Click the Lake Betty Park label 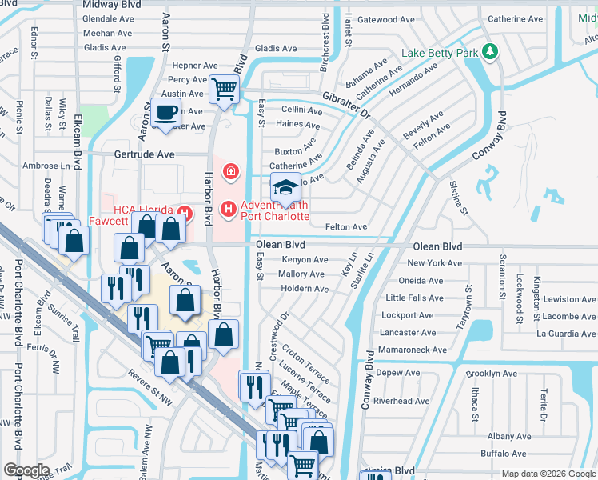pyautogui.click(x=441, y=53)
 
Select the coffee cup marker pyautogui.click(x=167, y=113)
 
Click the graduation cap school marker pyautogui.click(x=285, y=187)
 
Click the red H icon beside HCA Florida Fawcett pyautogui.click(x=185, y=212)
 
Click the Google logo pyautogui.click(x=26, y=470)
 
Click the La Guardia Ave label pyautogui.click(x=566, y=334)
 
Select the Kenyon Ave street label pyautogui.click(x=305, y=260)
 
